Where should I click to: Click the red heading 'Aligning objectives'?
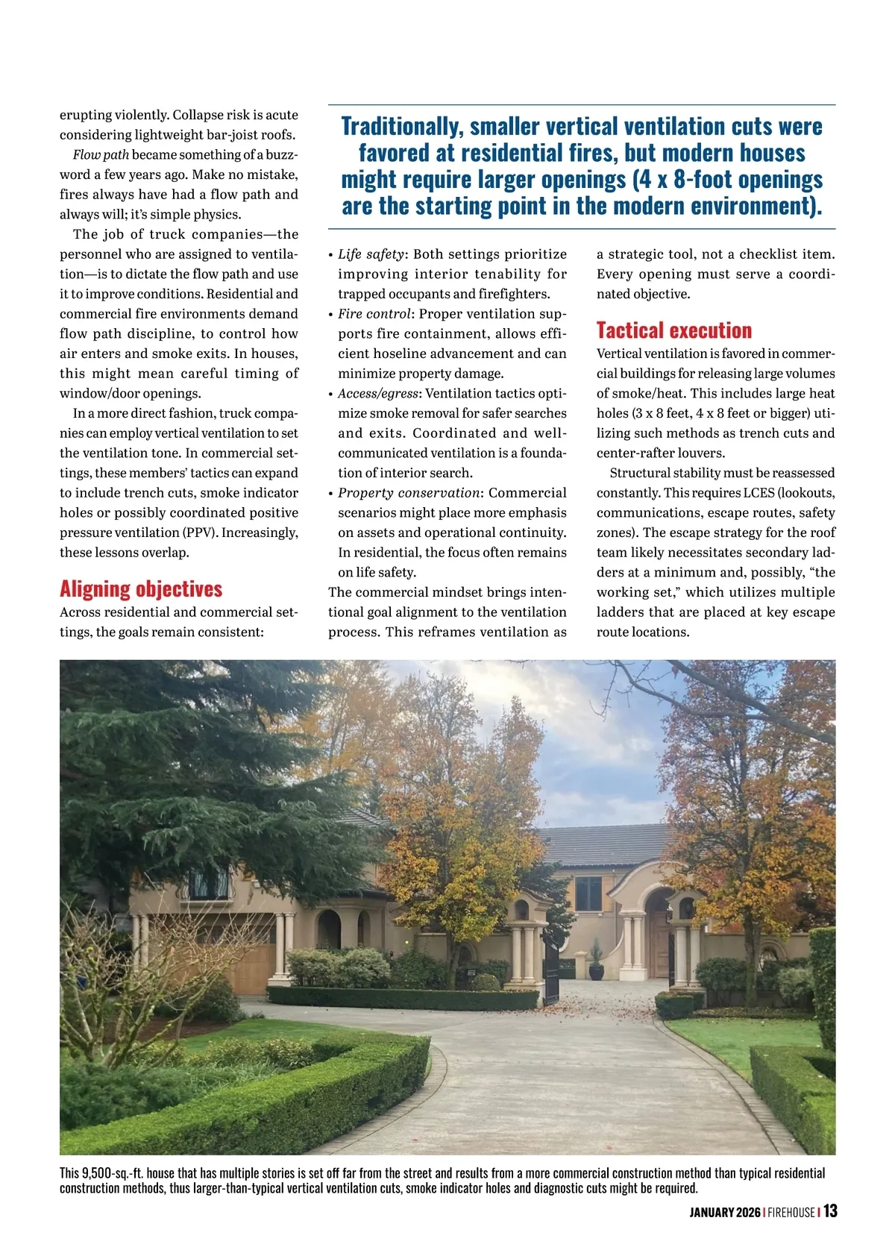pyautogui.click(x=141, y=589)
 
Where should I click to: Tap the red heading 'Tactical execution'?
pyautogui.click(x=674, y=330)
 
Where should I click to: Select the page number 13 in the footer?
pyautogui.click(x=830, y=1210)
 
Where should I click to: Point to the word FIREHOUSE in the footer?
pyautogui.click(x=791, y=1212)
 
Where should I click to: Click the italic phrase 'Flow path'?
pyautogui.click(x=101, y=155)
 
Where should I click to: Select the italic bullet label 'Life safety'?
pyautogui.click(x=371, y=254)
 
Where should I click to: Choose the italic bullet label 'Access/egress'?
pyautogui.click(x=377, y=394)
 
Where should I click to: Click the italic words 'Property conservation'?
pyautogui.click(x=409, y=493)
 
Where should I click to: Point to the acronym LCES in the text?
pyautogui.click(x=759, y=493)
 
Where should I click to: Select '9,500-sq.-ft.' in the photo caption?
pyautogui.click(x=113, y=1173)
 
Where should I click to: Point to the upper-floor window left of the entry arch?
pyautogui.click(x=588, y=893)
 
